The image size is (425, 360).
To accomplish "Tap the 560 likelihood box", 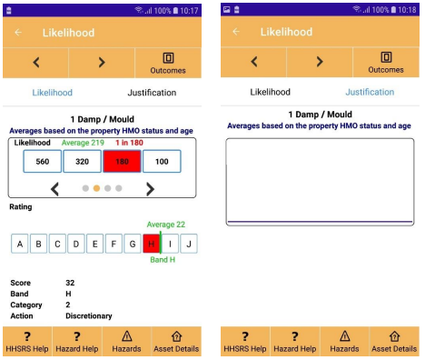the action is (43, 162).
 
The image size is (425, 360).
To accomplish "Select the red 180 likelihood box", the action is (122, 162).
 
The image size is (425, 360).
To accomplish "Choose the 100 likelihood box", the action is (162, 162).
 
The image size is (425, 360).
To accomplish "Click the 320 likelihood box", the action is (82, 162).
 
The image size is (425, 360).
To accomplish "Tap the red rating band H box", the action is (152, 244).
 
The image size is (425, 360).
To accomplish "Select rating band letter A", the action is (20, 244).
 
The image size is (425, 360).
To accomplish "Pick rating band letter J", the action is (189, 244).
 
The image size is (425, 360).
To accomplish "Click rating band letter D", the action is (76, 244).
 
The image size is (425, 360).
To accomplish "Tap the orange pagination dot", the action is (96, 188).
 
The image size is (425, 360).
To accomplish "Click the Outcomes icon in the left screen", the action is (168, 58).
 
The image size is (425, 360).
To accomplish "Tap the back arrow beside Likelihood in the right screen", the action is (236, 32).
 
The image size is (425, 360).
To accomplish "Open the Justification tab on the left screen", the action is (152, 93).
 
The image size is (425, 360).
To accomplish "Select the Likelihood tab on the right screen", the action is (270, 92).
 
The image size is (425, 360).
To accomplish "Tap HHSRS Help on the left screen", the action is (27, 342).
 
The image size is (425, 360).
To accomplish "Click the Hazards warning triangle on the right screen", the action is (345, 336).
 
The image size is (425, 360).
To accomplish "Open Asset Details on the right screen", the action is (394, 342).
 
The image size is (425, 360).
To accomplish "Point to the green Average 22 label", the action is (166, 225).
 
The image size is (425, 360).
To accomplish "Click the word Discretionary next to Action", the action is (89, 316).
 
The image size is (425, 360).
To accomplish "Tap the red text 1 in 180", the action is (129, 143).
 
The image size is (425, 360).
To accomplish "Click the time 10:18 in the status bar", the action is (407, 10).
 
